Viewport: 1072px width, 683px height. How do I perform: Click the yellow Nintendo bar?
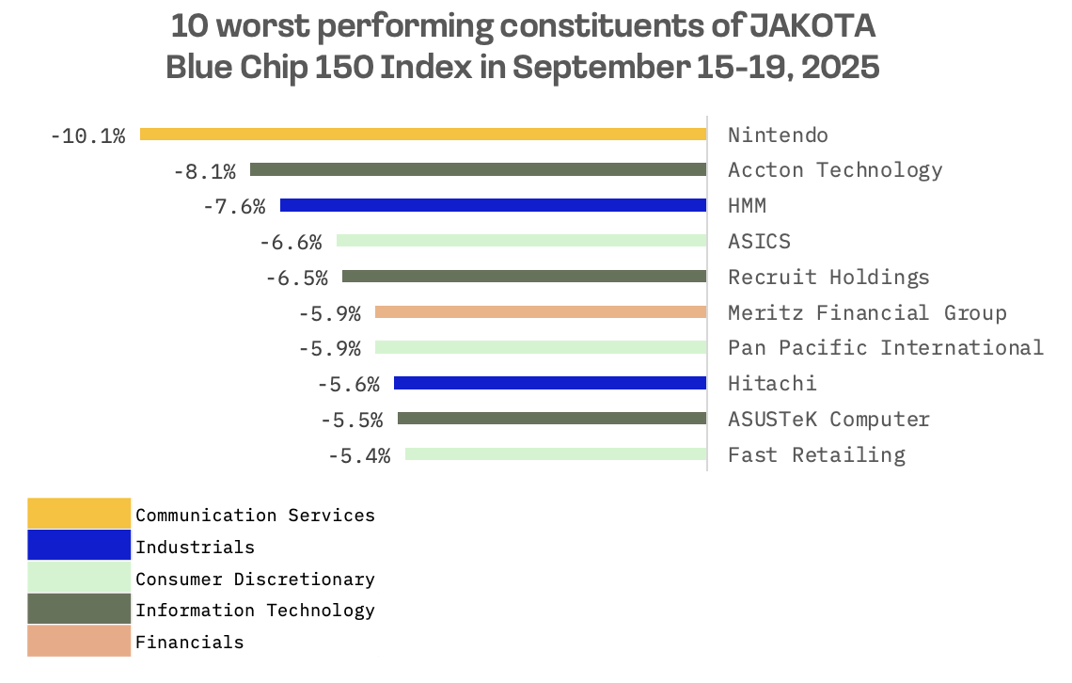(423, 135)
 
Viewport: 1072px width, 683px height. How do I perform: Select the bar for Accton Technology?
(478, 170)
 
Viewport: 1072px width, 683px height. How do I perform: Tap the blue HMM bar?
(493, 205)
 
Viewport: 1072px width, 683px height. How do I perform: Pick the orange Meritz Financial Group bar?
(540, 312)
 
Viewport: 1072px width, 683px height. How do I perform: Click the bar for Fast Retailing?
(555, 454)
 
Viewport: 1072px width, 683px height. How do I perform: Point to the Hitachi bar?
(549, 383)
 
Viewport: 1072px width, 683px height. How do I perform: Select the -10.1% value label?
(87, 135)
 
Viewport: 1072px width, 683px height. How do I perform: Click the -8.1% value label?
(204, 171)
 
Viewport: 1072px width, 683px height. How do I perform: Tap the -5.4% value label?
(358, 455)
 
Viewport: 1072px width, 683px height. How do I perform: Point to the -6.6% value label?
(291, 242)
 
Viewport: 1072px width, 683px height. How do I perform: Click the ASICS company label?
(759, 241)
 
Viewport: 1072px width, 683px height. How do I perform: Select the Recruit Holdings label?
(828, 277)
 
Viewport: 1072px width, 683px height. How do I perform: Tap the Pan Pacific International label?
(885, 347)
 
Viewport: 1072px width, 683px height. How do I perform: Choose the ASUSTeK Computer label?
(828, 419)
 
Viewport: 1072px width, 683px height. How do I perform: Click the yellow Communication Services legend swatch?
(79, 514)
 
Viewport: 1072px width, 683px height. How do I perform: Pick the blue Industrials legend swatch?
(79, 546)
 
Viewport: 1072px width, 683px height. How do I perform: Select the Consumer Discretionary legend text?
(255, 579)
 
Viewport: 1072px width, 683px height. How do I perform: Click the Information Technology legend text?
(255, 610)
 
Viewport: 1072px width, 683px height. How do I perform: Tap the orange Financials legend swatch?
(79, 642)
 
